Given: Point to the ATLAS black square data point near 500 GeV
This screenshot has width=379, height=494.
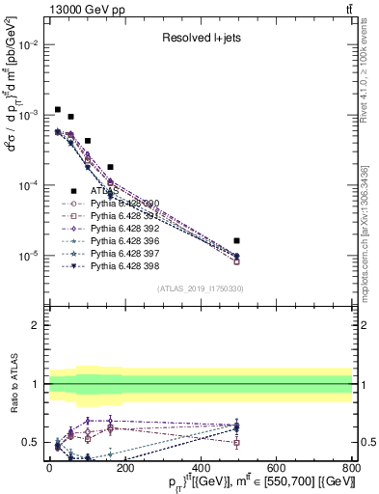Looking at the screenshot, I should (237, 240).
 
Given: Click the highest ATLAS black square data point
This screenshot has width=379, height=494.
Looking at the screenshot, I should (58, 110).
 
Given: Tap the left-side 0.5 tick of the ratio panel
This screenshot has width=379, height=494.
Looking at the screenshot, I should (30, 442).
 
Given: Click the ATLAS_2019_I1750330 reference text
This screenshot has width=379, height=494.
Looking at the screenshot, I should (200, 289).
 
